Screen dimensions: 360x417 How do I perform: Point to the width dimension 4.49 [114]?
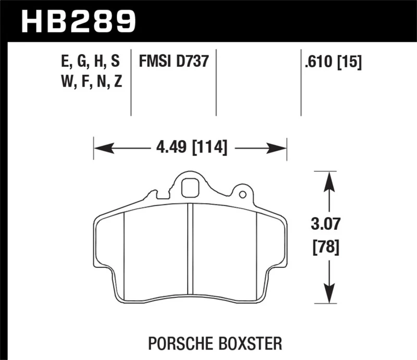191,148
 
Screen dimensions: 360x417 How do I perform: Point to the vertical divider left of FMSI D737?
131,83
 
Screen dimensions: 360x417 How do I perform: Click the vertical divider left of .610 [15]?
301,83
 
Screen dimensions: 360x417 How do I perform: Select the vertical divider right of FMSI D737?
216,83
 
